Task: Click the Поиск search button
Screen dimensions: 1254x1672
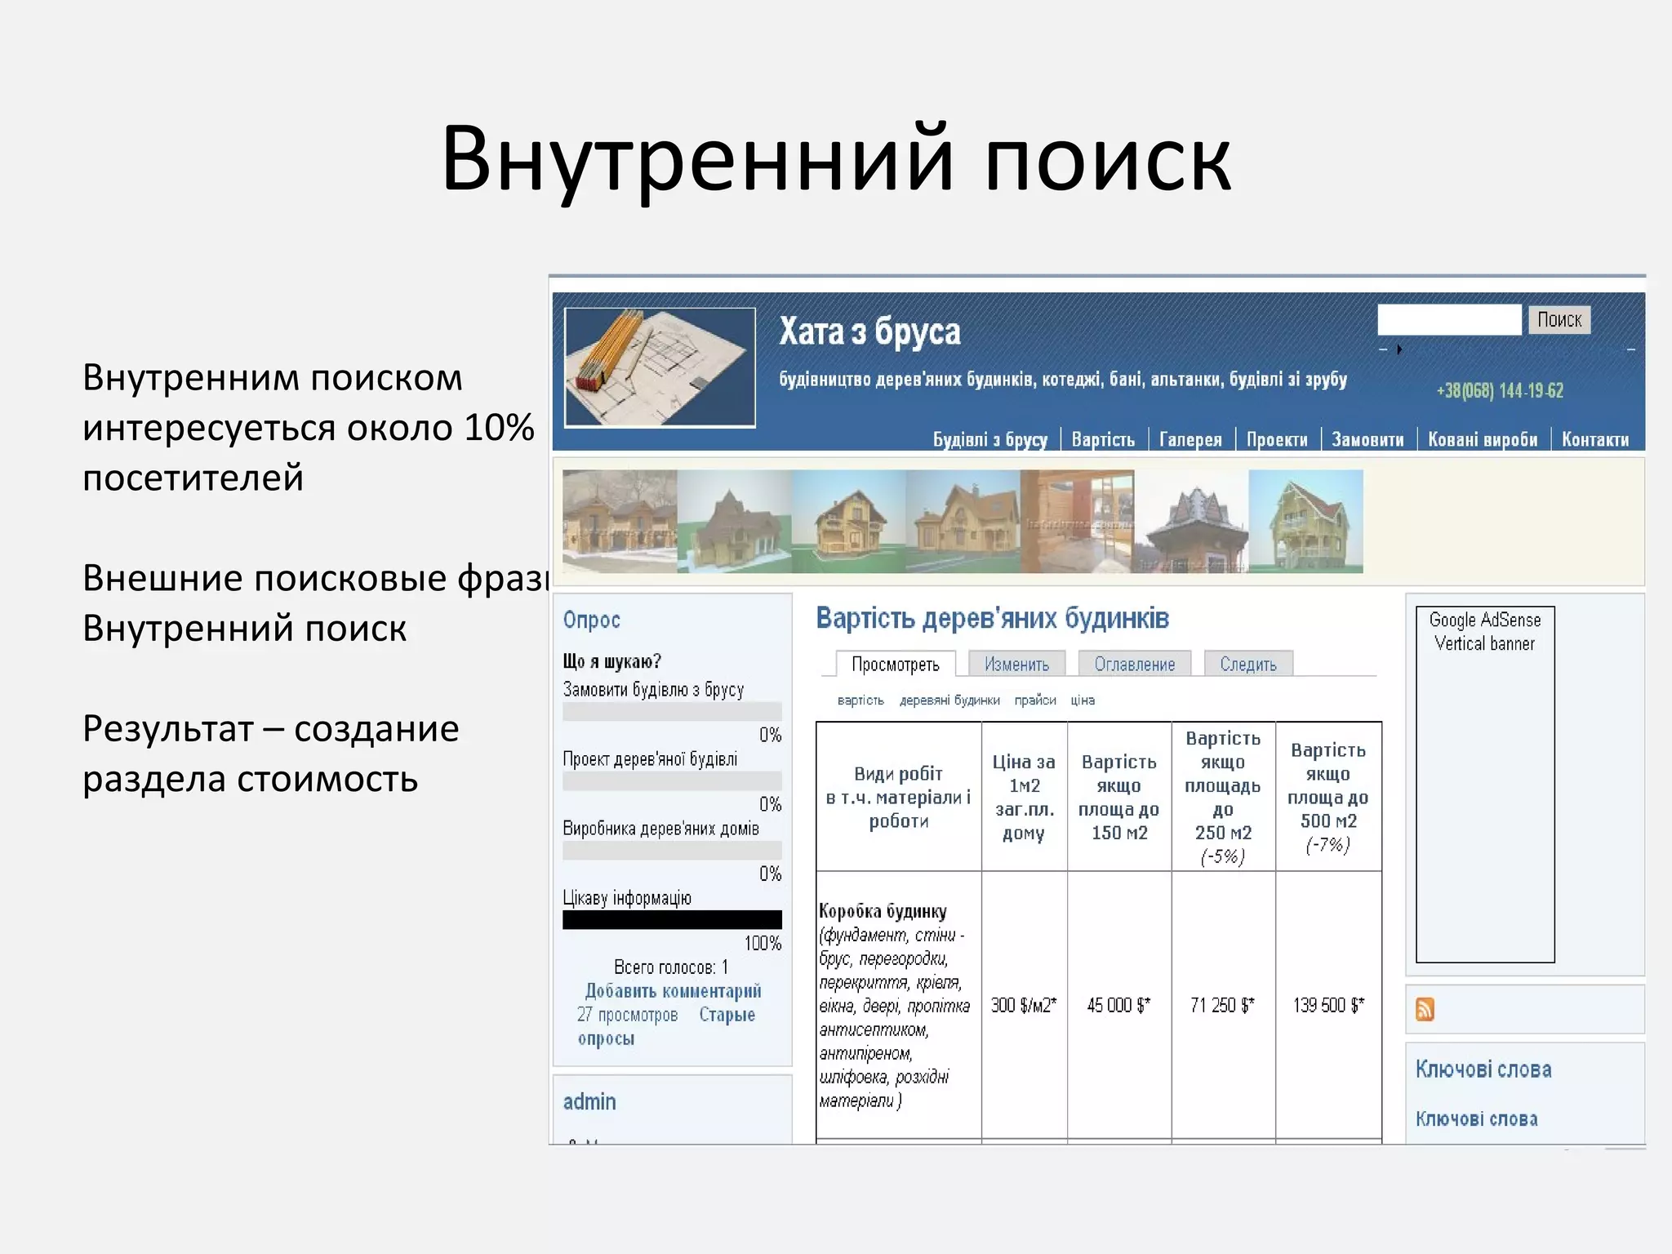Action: click(x=1559, y=319)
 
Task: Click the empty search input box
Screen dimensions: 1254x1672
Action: click(x=1449, y=319)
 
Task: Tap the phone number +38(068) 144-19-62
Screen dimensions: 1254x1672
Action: click(x=1500, y=391)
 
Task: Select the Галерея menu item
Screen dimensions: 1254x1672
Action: click(x=1190, y=440)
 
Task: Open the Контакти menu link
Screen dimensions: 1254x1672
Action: click(x=1594, y=440)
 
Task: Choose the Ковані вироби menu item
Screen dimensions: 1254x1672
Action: click(x=1483, y=440)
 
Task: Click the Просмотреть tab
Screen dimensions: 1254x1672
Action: click(x=895, y=665)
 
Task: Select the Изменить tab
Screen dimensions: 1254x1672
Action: click(x=1016, y=665)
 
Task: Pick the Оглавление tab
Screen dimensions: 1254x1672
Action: click(x=1134, y=665)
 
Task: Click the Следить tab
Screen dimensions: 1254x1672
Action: click(x=1247, y=665)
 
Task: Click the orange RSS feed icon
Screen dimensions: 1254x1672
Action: click(x=1425, y=1010)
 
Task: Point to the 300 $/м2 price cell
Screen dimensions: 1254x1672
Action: click(x=1024, y=1005)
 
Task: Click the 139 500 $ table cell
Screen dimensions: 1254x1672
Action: click(x=1328, y=1005)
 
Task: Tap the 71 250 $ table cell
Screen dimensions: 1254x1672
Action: click(x=1222, y=1005)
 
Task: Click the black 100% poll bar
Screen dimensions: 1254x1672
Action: click(x=672, y=920)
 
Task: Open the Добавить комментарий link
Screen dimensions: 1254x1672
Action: click(x=673, y=991)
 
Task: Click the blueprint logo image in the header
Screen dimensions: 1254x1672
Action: click(x=660, y=367)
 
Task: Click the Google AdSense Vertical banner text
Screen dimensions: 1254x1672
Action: click(x=1484, y=632)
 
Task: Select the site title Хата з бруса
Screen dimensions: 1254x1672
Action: click(x=869, y=332)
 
